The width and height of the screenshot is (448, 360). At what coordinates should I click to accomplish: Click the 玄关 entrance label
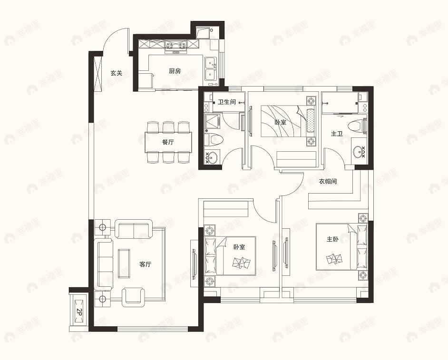[117, 73]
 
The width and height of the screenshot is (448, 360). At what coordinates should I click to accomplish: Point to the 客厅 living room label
[145, 264]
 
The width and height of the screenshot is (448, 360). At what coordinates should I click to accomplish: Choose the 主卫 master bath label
[337, 134]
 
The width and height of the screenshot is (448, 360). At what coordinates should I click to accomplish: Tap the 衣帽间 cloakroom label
[328, 181]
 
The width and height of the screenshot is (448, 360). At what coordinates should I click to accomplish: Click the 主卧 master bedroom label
[332, 240]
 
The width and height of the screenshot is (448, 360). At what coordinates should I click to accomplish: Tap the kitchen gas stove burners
[175, 45]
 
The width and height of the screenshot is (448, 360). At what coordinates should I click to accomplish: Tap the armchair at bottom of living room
[134, 296]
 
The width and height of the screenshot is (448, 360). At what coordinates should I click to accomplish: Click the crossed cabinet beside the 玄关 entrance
[98, 73]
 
